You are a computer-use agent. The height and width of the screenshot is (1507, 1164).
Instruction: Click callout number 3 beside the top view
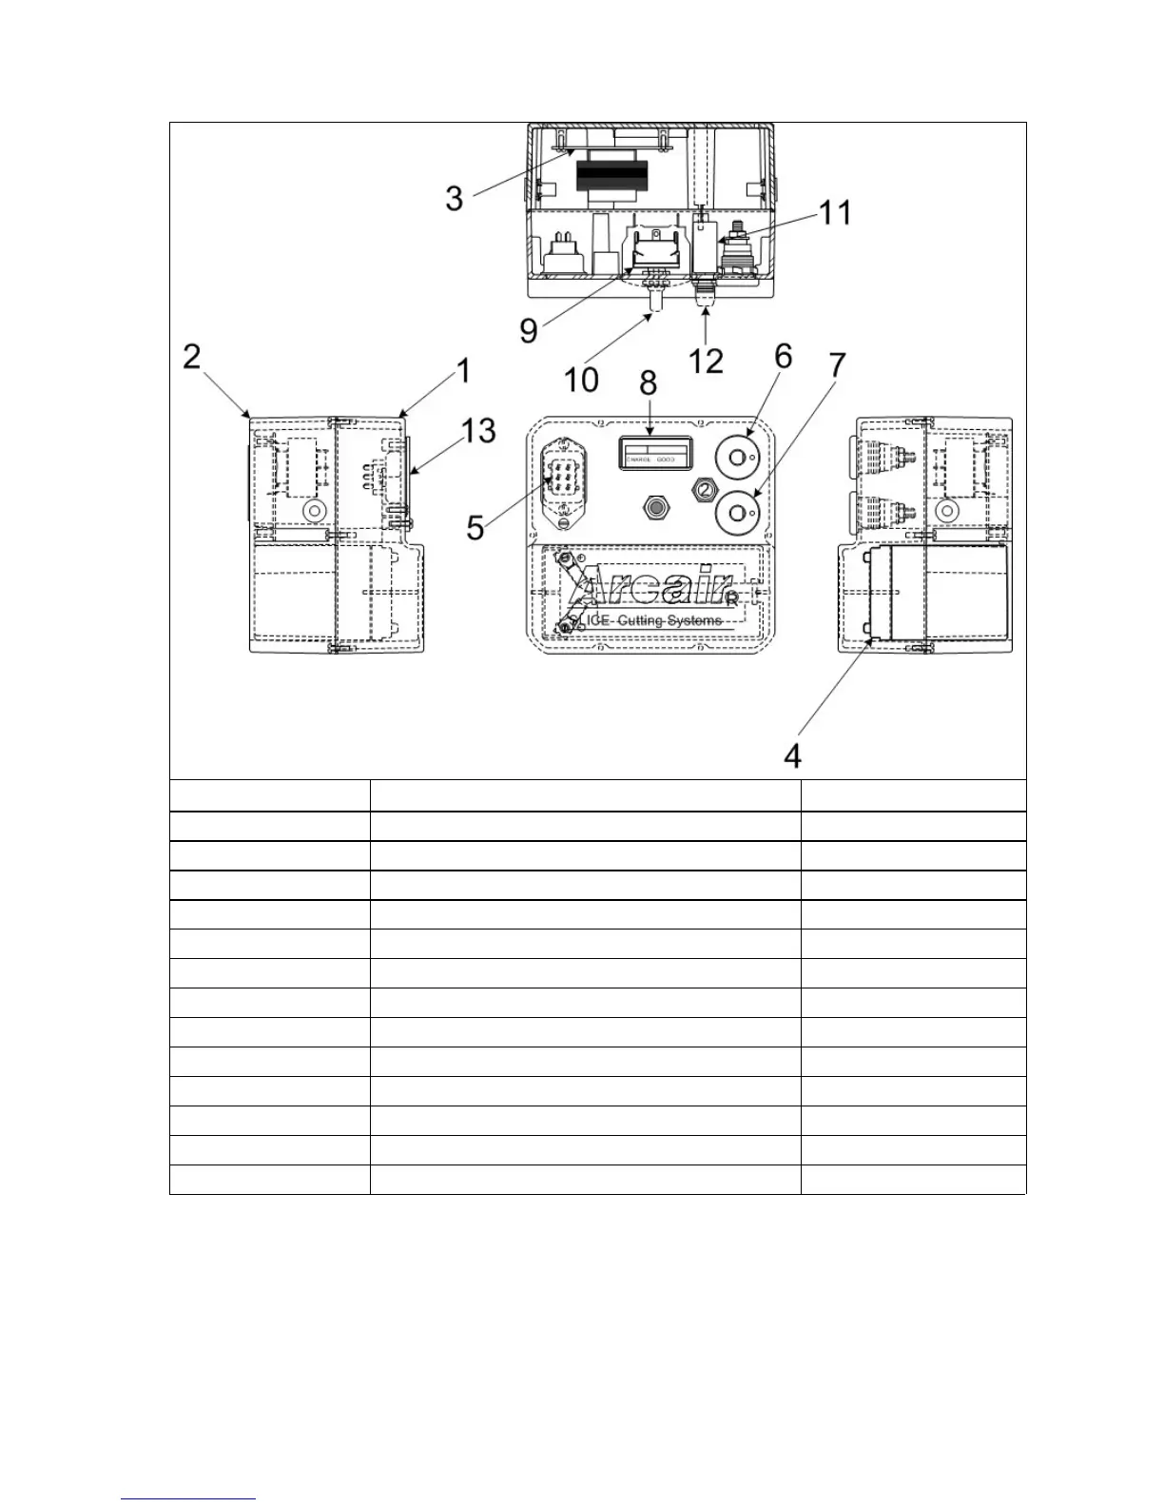pyautogui.click(x=456, y=198)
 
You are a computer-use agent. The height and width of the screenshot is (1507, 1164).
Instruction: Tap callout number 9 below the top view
pyautogui.click(x=529, y=329)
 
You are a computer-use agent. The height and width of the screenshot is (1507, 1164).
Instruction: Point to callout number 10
pyautogui.click(x=581, y=379)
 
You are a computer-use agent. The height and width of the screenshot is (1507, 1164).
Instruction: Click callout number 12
pyautogui.click(x=706, y=360)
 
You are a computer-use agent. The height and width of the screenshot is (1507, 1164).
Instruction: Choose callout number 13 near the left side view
pyautogui.click(x=478, y=430)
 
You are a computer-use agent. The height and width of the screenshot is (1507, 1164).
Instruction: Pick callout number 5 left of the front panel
pyautogui.click(x=475, y=526)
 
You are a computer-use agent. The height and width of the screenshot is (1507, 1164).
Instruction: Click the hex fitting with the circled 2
pyautogui.click(x=703, y=489)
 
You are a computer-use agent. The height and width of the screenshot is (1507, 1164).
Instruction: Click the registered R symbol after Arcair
pyautogui.click(x=730, y=599)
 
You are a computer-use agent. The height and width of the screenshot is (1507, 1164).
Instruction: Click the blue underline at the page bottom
pyautogui.click(x=188, y=1498)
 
